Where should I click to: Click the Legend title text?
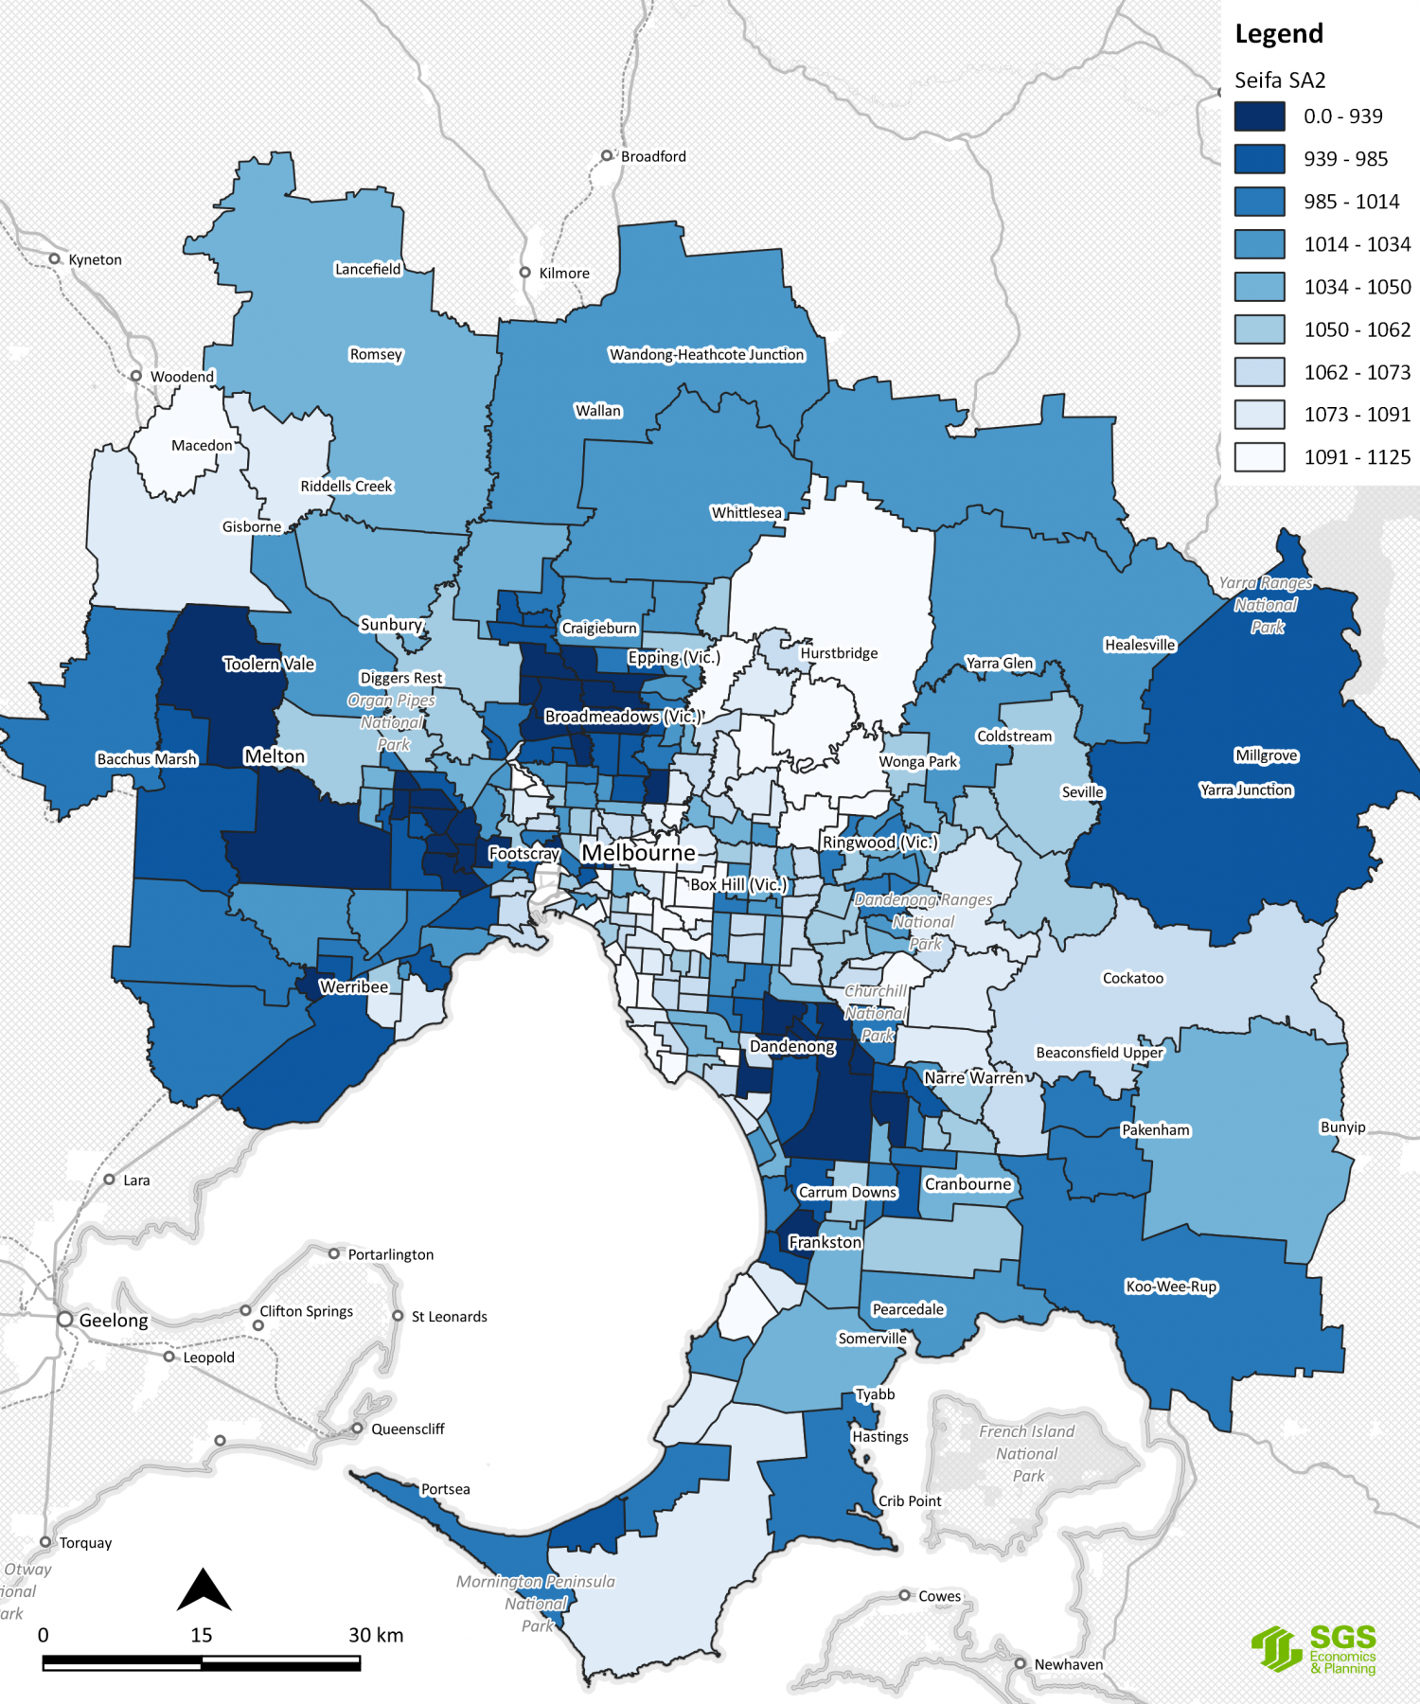[1279, 34]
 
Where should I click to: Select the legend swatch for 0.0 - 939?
[1259, 116]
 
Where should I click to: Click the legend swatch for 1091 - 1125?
[1259, 457]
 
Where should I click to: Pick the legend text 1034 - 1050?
[1357, 287]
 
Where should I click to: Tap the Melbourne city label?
[638, 853]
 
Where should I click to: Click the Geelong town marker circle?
[65, 1319]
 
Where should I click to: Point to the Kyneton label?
[95, 259]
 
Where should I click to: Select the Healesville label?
[1140, 645]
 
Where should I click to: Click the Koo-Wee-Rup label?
[1171, 1286]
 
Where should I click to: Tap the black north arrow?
[204, 1590]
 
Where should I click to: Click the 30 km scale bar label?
[376, 1635]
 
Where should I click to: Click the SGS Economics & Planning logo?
[1315, 1649]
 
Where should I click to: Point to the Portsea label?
[445, 1489]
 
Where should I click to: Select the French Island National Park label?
[1027, 1453]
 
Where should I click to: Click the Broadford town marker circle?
[607, 155]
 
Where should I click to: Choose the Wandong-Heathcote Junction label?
[706, 354]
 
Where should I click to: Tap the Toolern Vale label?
[269, 664]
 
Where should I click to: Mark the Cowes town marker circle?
[905, 1595]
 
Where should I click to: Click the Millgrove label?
[1266, 754]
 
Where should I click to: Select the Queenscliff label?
[407, 1429]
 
